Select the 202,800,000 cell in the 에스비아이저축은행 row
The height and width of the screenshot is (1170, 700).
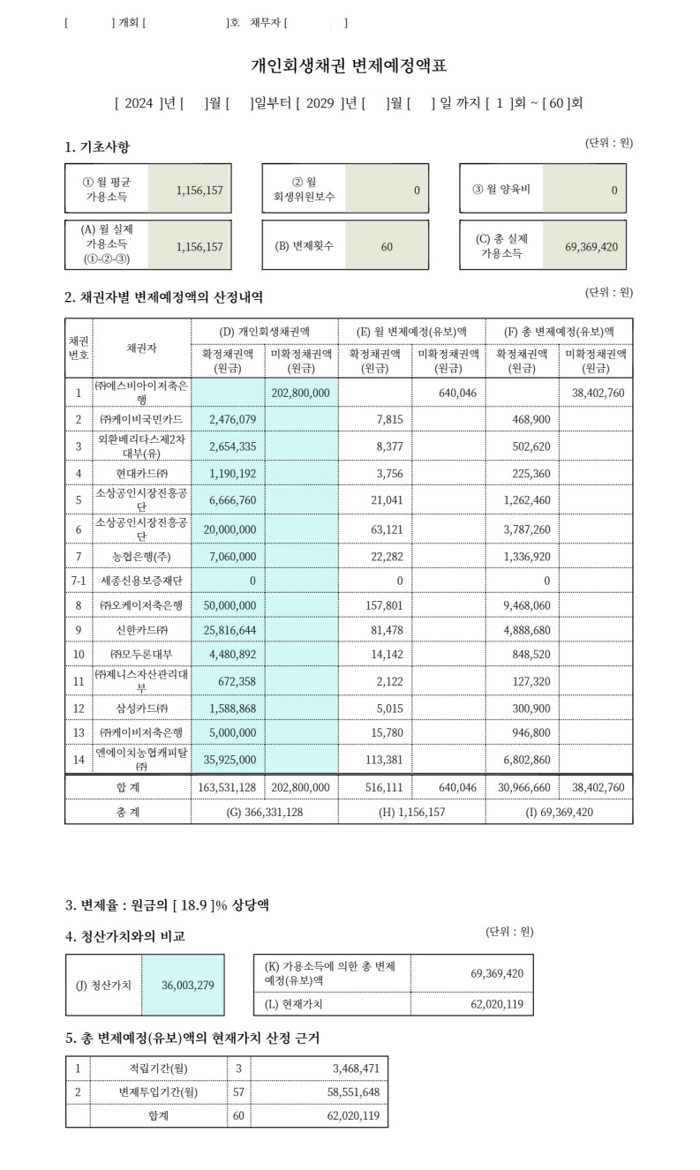301,392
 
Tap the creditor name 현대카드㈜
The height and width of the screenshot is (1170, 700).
141,473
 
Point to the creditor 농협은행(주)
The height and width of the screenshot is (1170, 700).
141,556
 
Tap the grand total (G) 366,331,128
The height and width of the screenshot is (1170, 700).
265,812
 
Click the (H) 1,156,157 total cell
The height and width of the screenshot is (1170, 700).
411,812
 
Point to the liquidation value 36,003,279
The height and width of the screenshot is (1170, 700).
187,985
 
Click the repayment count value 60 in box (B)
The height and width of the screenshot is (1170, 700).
387,246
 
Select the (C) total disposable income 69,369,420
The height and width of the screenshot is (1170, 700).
591,246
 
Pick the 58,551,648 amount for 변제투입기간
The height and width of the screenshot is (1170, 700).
350,1091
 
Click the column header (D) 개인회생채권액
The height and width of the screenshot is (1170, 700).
265,330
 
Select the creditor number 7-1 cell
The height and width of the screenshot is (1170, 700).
78,581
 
